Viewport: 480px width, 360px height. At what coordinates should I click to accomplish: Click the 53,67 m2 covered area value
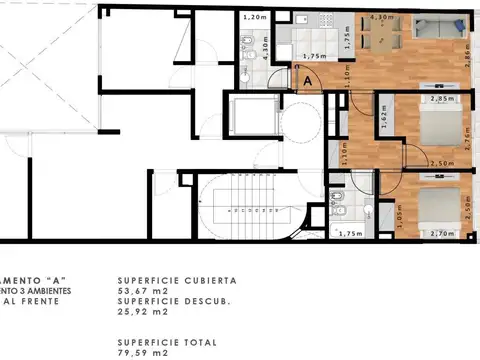pyautogui.click(x=140, y=291)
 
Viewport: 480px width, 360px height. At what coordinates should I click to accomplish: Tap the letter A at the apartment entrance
pyautogui.click(x=307, y=80)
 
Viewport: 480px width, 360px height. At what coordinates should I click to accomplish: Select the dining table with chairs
pyautogui.click(x=382, y=37)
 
